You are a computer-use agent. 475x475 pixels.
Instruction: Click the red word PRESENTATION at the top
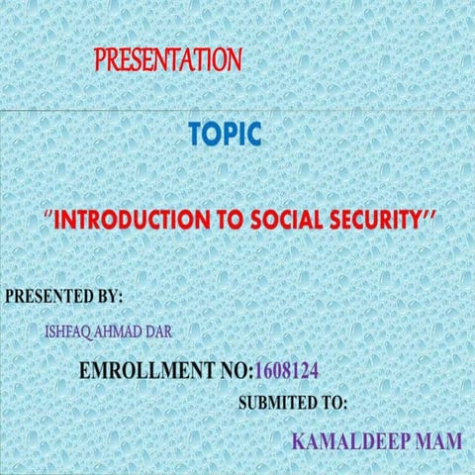coord(168,59)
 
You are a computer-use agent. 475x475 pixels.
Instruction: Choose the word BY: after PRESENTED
coord(106,296)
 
